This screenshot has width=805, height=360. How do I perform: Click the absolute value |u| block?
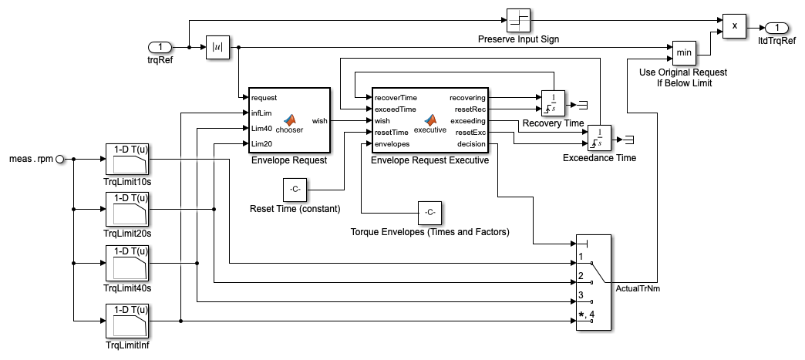(x=217, y=48)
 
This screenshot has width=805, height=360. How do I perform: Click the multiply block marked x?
(x=734, y=25)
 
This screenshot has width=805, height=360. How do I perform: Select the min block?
(x=683, y=53)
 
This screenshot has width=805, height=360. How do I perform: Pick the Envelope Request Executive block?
(x=429, y=121)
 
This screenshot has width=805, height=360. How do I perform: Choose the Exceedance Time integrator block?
(x=599, y=138)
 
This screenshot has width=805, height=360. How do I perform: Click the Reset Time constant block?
(x=294, y=189)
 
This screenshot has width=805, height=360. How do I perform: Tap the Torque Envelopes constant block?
(x=430, y=212)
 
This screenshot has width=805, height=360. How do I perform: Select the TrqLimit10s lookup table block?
(x=126, y=160)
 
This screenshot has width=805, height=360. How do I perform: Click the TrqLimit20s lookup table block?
(x=126, y=208)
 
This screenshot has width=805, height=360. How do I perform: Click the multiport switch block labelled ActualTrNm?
(x=594, y=282)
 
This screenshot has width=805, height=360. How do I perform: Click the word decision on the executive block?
(x=471, y=143)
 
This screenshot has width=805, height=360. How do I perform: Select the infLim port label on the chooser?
(x=260, y=113)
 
